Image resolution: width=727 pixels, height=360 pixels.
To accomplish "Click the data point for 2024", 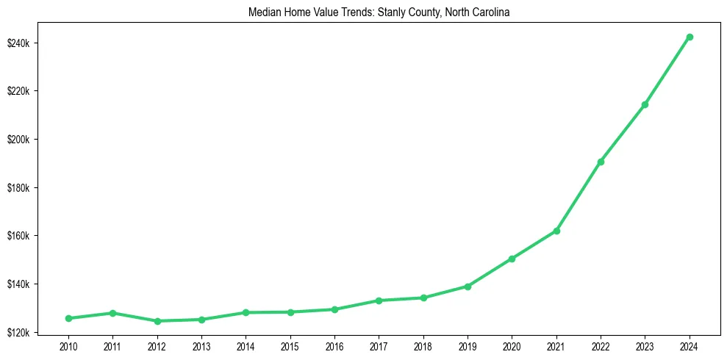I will coord(690,37).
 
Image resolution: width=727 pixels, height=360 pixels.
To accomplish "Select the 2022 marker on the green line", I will coord(601,162).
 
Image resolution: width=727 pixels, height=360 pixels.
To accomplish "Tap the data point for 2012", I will coord(157,321).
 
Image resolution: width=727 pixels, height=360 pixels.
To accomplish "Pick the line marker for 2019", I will coord(468,287).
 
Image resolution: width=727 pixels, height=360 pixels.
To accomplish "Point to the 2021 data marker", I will coord(556,231).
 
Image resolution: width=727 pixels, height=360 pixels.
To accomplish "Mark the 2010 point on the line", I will coord(68,318).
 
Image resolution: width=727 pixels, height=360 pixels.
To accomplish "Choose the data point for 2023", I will coord(645,104).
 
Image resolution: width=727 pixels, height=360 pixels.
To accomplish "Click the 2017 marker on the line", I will coord(379,300).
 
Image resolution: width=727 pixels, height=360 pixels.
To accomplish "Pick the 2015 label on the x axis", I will coord(290,346).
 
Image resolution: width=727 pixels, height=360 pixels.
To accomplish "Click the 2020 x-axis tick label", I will coord(512,346).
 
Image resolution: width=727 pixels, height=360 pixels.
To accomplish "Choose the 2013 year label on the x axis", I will coord(201,346).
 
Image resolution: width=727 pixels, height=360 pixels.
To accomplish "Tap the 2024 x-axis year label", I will coord(690,346).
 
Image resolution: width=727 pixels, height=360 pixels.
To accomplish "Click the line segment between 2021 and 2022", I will coord(579,196).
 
